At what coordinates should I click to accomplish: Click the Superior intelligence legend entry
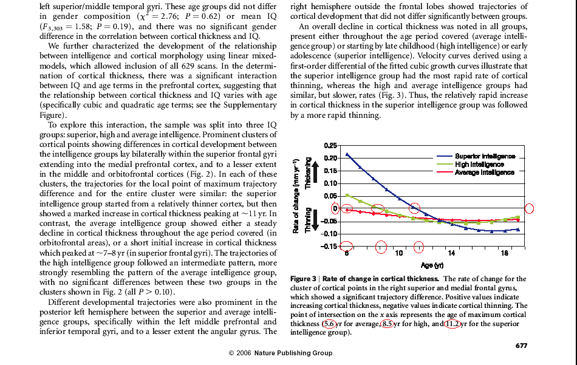point(476,156)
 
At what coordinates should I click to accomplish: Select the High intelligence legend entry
point(470,165)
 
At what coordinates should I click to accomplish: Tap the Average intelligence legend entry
point(476,172)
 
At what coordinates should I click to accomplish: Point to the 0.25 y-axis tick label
point(330,146)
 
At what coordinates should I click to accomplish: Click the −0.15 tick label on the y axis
point(329,246)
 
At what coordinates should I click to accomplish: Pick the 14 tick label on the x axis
point(451,253)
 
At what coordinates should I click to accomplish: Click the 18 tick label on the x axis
point(504,253)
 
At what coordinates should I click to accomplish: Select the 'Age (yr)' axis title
point(432,265)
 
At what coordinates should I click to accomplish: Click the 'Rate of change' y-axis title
point(295,196)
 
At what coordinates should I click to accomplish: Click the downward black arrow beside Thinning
point(315,222)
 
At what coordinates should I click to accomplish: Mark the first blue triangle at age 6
point(347,154)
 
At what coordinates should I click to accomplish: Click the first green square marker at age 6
point(347,196)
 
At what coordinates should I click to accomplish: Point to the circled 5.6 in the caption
point(329,324)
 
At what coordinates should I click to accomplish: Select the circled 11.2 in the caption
point(452,324)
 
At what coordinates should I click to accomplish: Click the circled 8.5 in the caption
point(387,324)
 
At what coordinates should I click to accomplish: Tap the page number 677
point(522,346)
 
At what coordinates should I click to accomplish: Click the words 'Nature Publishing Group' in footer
point(293,353)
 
